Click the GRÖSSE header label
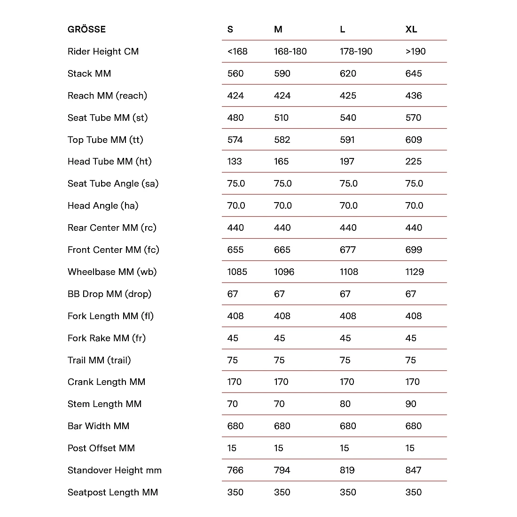tap(86, 29)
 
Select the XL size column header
tap(411, 29)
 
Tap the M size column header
tap(278, 29)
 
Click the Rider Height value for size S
tap(237, 51)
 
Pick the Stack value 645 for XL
tap(414, 73)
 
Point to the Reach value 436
tap(414, 95)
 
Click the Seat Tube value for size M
tap(282, 117)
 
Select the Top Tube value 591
tap(348, 140)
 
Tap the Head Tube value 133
tap(235, 161)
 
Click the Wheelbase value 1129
tap(415, 272)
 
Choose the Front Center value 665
tap(282, 250)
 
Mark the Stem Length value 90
tap(411, 404)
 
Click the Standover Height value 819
tap(348, 470)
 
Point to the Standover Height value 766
tap(235, 470)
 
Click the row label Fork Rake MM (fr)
tap(107, 338)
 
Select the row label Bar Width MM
tap(98, 426)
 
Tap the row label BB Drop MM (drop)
tap(110, 294)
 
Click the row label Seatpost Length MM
tap(113, 492)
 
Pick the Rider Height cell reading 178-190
tap(356, 51)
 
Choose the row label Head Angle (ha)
tap(103, 205)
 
